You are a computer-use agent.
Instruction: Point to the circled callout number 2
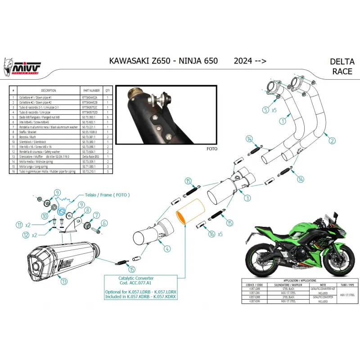click(332, 141)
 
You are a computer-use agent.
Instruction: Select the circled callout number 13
click(65, 282)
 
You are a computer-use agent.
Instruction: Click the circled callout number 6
click(104, 223)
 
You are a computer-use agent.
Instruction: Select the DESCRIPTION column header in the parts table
click(49, 90)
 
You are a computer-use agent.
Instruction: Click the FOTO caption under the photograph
click(211, 148)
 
